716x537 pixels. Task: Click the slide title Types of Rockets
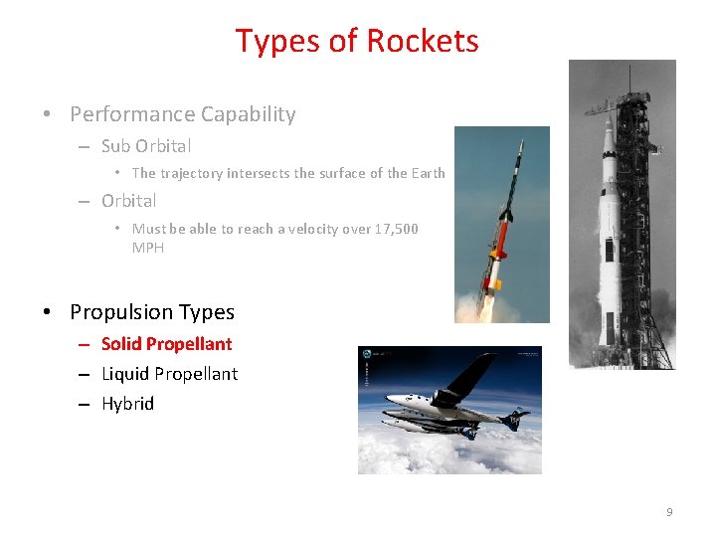(357, 41)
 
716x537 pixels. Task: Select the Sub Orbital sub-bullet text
(146, 146)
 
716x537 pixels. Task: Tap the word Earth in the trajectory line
(428, 173)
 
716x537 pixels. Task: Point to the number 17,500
(395, 229)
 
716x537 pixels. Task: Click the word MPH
(148, 248)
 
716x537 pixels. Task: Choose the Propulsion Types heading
(152, 312)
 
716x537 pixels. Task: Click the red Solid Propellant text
(166, 344)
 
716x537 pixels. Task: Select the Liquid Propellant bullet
(169, 374)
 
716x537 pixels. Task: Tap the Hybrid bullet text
(127, 404)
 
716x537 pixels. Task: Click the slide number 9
(669, 512)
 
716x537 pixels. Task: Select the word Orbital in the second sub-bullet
(128, 201)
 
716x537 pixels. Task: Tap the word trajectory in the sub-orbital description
(191, 173)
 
